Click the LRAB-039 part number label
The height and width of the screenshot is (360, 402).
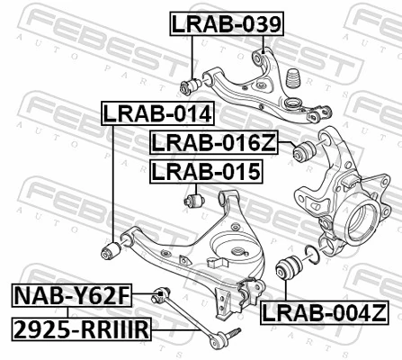[x=227, y=25]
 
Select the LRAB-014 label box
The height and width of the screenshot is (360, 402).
[x=156, y=114]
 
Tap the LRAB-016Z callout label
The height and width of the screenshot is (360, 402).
[x=214, y=141]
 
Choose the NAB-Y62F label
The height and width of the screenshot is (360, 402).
[x=71, y=294]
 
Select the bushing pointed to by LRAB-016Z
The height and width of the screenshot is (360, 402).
[x=305, y=148]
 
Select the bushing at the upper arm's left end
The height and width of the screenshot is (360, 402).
[x=190, y=86]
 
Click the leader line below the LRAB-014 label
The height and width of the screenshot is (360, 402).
[x=110, y=180]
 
